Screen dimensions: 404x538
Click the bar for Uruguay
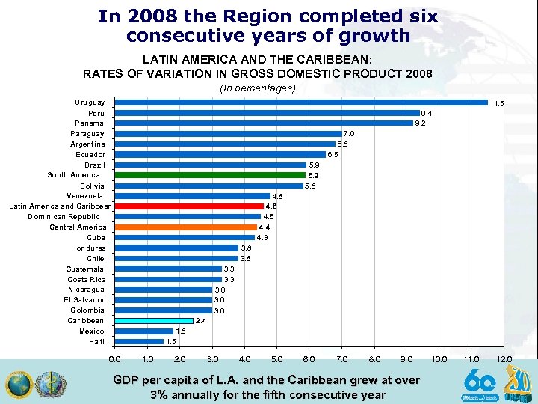300,102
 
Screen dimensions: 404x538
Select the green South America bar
210,175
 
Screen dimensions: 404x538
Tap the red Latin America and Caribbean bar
189,206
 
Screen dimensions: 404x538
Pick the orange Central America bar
185,227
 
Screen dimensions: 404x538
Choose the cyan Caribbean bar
153,320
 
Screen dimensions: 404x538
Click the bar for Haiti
138,341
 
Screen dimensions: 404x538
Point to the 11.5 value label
496,104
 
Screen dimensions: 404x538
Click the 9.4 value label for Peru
427,114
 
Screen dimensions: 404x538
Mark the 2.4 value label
201,321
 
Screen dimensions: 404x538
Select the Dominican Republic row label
64,217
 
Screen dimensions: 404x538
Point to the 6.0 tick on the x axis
309,360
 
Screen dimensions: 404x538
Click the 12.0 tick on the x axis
504,360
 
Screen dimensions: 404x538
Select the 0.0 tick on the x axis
114,360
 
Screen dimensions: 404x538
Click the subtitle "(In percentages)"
257,88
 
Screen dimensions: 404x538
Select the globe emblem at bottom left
18,385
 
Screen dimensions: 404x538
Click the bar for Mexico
143,331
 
